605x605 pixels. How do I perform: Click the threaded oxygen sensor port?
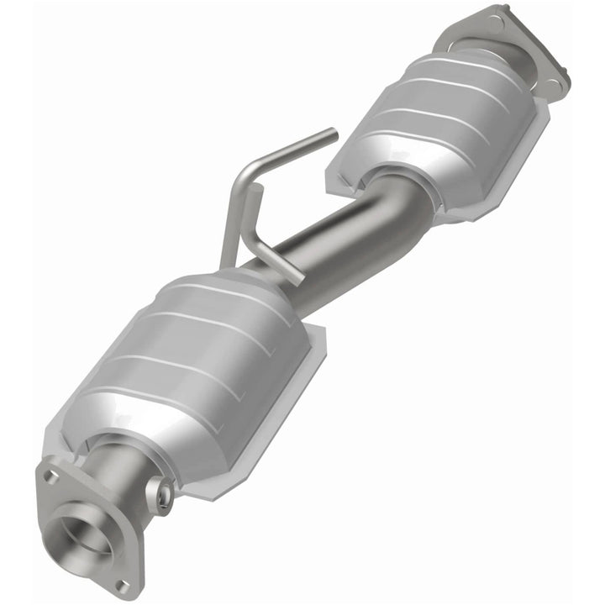coord(160,493)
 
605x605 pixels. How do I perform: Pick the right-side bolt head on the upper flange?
coord(550,82)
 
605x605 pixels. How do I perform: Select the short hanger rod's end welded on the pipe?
coord(295,276)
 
